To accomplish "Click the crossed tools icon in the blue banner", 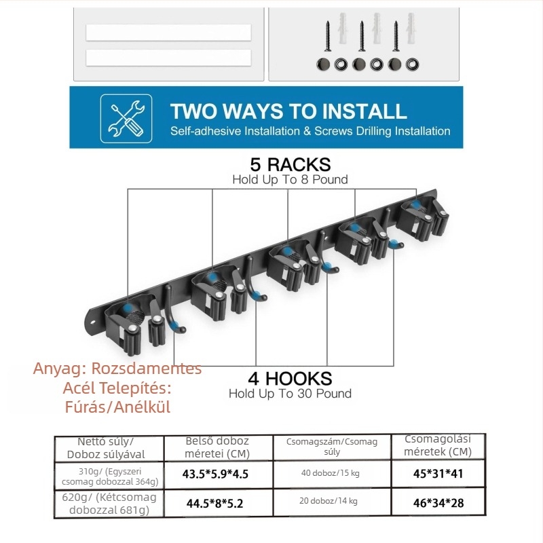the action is pos(126,118).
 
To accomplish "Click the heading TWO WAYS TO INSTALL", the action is pos(288,111).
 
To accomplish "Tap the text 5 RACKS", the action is pos(291,164).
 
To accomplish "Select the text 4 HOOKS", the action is pos(291,379).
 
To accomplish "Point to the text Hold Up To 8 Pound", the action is pos(291,180).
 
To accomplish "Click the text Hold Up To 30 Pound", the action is pos(291,394).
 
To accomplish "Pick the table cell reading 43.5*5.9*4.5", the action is pos(215,474).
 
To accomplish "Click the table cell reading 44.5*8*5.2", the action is pos(214,503).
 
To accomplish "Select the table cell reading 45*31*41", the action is pos(438,473).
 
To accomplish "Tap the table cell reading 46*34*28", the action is pos(438,503).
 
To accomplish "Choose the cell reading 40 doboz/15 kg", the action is pos(331,473).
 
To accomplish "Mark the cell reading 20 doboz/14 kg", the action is pos(329,501).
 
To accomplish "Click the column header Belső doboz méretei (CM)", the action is pos(217,447).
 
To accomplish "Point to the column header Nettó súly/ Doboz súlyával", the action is pos(106,448).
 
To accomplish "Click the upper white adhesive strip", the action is pos(168,33).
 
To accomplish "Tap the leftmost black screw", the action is pos(328,36).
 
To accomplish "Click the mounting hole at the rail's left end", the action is pos(92,322).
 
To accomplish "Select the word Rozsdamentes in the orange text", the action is pos(147,369).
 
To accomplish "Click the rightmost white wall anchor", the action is pos(411,28).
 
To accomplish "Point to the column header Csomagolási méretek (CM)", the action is pos(438,445).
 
